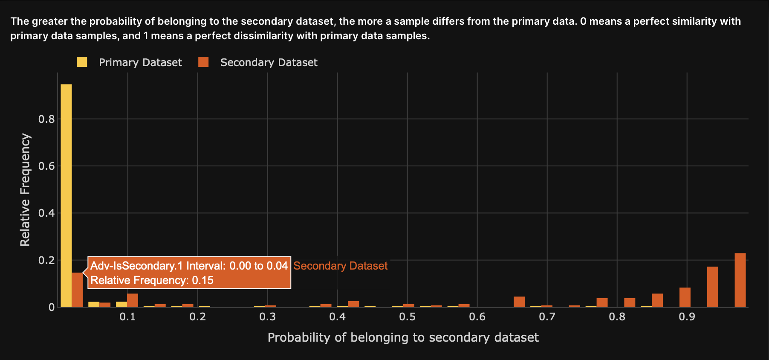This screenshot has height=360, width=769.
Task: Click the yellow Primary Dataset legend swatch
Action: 82,62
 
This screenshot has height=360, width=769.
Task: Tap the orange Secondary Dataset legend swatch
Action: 203,62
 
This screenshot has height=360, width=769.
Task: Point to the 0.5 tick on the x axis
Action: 407,317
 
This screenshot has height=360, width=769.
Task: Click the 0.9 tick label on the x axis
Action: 687,317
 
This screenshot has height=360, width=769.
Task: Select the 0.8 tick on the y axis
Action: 46,119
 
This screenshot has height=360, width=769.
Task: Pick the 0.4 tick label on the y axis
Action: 46,213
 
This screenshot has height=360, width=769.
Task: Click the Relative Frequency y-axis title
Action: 25,190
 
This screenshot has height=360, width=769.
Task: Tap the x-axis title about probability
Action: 403,337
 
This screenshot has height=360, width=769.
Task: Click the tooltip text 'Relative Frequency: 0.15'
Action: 152,280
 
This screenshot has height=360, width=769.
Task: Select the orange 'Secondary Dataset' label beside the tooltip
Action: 340,266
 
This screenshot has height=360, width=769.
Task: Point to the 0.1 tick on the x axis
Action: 127,317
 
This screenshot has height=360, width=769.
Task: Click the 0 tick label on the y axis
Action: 52,307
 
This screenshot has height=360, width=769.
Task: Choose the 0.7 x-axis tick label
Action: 547,317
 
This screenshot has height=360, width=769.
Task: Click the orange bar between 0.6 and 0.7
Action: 519,302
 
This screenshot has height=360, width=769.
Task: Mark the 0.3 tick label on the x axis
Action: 267,317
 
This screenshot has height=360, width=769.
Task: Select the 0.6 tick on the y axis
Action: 46,166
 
